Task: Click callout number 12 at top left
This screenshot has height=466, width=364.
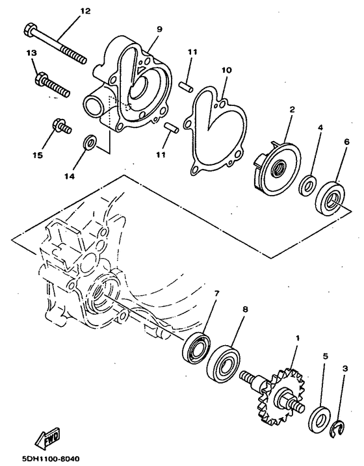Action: pos(85,11)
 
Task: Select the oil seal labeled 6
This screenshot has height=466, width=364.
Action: pos(331,198)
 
